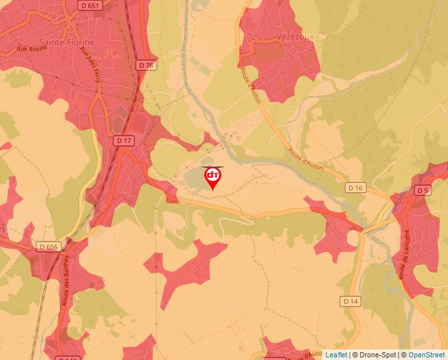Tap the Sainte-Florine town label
(x=67, y=42)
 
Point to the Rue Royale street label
(x=32, y=47)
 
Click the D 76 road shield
(x=146, y=65)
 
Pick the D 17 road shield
(x=123, y=140)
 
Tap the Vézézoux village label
(x=296, y=37)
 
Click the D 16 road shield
(x=355, y=188)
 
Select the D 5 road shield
(x=423, y=190)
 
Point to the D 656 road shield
(x=49, y=247)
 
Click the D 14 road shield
(x=350, y=301)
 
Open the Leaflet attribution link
(x=337, y=355)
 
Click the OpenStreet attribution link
(x=427, y=355)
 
